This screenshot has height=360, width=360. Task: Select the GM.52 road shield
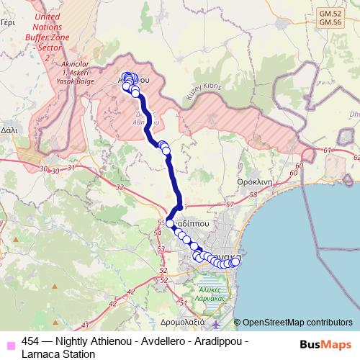point(330,13)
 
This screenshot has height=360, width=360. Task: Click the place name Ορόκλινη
point(253,182)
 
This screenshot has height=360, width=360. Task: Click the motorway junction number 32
point(120,187)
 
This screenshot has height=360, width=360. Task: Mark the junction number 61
point(328,150)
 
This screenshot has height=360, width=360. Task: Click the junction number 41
point(86,325)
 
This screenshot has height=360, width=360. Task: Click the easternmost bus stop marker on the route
point(235,261)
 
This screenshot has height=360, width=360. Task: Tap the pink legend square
point(10,342)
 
